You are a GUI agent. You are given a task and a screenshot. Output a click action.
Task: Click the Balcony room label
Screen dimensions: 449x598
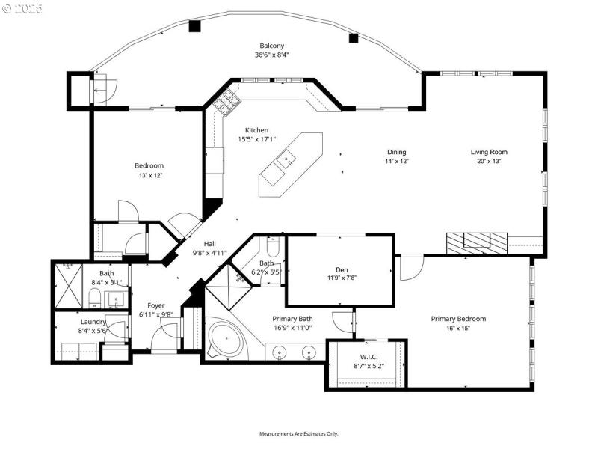(x=271, y=45)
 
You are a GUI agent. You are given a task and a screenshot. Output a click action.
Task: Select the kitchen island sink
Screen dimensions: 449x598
(x=287, y=159)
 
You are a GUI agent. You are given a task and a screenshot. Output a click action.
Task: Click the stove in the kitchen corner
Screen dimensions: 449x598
(x=226, y=105)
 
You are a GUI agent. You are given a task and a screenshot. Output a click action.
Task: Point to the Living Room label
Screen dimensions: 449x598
(x=488, y=152)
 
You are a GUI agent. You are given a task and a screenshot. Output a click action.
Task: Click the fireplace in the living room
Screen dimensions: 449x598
(x=476, y=241)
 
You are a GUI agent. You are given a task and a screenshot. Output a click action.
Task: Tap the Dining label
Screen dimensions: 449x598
(x=396, y=152)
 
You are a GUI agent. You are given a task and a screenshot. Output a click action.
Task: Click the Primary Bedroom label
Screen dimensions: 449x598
(x=458, y=319)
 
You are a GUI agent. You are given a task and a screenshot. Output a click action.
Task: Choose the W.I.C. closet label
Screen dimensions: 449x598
(x=367, y=356)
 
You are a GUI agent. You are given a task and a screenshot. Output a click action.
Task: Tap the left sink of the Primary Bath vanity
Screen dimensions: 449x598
(x=279, y=351)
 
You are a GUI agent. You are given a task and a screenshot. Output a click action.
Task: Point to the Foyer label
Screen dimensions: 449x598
(x=155, y=305)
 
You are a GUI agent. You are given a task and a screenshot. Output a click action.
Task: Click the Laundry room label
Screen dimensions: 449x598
(x=93, y=321)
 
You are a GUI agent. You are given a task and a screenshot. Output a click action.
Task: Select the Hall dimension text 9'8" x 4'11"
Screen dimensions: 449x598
(x=210, y=253)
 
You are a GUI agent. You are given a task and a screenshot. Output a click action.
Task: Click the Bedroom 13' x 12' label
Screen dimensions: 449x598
(x=149, y=165)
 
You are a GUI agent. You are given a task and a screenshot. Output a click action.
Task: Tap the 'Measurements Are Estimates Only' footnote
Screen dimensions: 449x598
(x=299, y=434)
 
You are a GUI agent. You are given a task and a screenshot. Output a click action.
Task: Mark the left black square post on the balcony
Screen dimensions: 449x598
(x=195, y=26)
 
